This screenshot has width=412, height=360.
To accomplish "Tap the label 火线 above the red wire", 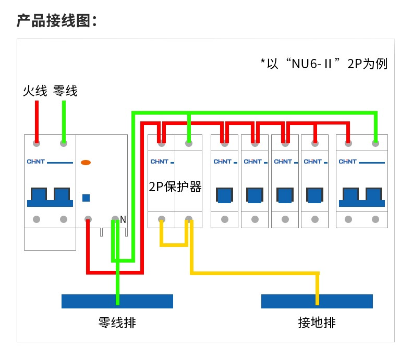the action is pos(35,91).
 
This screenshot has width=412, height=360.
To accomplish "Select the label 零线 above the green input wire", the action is pos(65,91).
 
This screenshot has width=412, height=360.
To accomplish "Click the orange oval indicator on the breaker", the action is pos(86,163).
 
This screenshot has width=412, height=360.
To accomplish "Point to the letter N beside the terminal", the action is pos(123,219).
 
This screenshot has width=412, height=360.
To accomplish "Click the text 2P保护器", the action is pos(175,187).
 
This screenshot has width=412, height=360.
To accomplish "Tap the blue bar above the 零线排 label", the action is pos(117,301).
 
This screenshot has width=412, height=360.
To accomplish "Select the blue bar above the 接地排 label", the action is pos(317,301).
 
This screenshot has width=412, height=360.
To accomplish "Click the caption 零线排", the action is pos(117,322).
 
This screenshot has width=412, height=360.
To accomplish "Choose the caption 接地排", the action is pos(317,322).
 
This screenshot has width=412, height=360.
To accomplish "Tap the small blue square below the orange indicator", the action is pos(86,198).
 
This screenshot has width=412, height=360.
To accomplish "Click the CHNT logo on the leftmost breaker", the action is pos(36,162).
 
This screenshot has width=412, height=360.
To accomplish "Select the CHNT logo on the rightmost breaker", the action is pos(348,162).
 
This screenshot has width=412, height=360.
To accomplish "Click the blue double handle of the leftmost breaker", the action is pos(50,197).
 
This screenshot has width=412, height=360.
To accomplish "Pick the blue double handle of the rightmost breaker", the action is pos(362,197).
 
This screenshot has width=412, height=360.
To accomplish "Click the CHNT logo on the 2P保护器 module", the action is pos(160,162).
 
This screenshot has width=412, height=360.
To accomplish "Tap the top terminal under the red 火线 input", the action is pos(37,143).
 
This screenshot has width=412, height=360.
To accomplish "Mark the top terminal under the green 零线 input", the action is pos(64,143).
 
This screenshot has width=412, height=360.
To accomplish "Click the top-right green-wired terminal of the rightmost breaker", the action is pos(375,143).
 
